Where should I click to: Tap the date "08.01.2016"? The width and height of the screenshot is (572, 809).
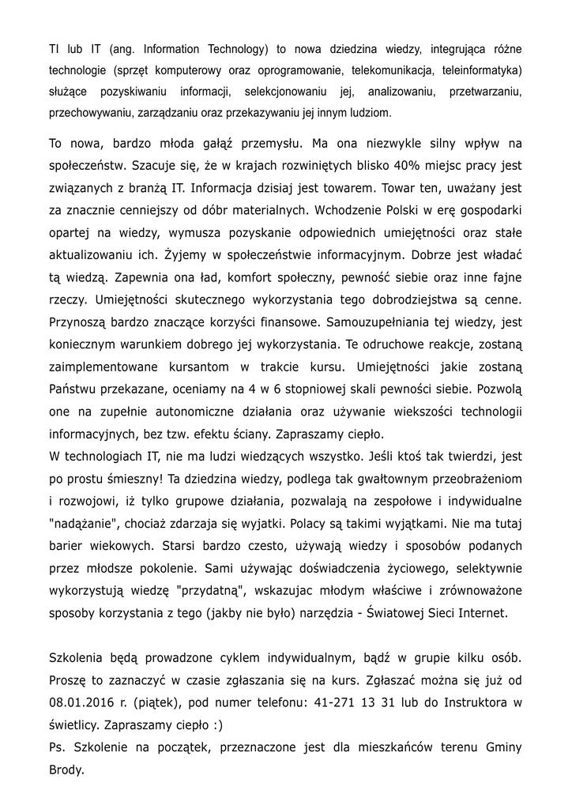tap(83, 700)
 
